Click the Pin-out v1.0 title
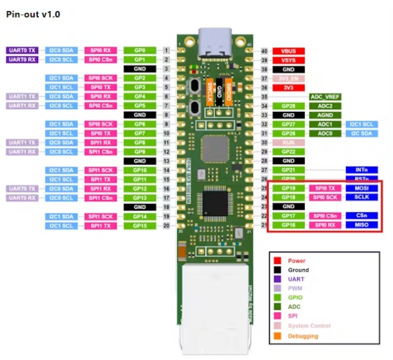[33, 14]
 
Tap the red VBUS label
[288, 50]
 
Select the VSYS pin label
[288, 59]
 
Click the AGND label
[325, 115]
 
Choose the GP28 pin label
[288, 106]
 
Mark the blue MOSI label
[362, 188]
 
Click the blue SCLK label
[362, 197]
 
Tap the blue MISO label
[362, 225]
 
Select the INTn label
[362, 170]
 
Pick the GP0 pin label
[140, 50]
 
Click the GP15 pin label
[140, 225]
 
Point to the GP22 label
[288, 152]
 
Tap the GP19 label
[288, 188]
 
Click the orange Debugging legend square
[277, 336]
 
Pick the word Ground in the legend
[298, 270]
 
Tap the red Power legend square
[277, 261]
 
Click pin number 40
[264, 50]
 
